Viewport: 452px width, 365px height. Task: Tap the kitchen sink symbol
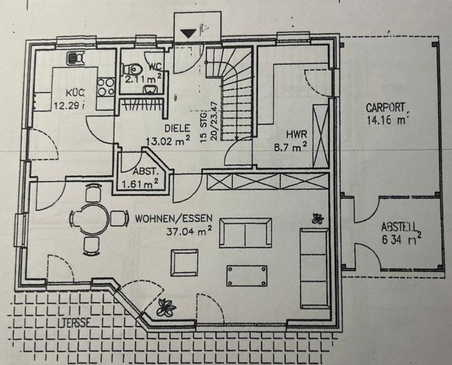coord(75,58)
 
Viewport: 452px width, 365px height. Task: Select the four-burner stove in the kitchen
coord(105,87)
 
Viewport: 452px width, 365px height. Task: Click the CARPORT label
coord(385,108)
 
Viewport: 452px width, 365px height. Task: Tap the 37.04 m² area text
coord(188,230)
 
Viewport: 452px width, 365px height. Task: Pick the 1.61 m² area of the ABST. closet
coord(140,185)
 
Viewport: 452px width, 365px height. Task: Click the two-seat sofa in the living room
coord(245,232)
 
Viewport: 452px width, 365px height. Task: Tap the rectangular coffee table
coord(246,276)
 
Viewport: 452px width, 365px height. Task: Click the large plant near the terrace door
coord(166,307)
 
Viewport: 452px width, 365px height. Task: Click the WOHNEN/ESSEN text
coord(174,219)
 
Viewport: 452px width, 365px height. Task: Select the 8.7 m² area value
coord(291,146)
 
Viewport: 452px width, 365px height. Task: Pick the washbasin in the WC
coord(151,90)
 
